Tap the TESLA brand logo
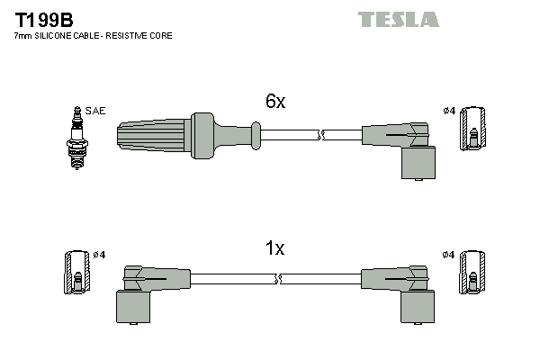point(398,19)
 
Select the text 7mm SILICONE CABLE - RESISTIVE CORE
point(94,36)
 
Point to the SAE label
point(96,111)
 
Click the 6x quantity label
point(274,102)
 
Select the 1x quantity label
point(274,248)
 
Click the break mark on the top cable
point(321,135)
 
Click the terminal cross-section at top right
point(473,127)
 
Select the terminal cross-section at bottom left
point(76,271)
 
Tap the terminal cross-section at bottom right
point(473,271)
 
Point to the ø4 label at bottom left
point(98,255)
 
